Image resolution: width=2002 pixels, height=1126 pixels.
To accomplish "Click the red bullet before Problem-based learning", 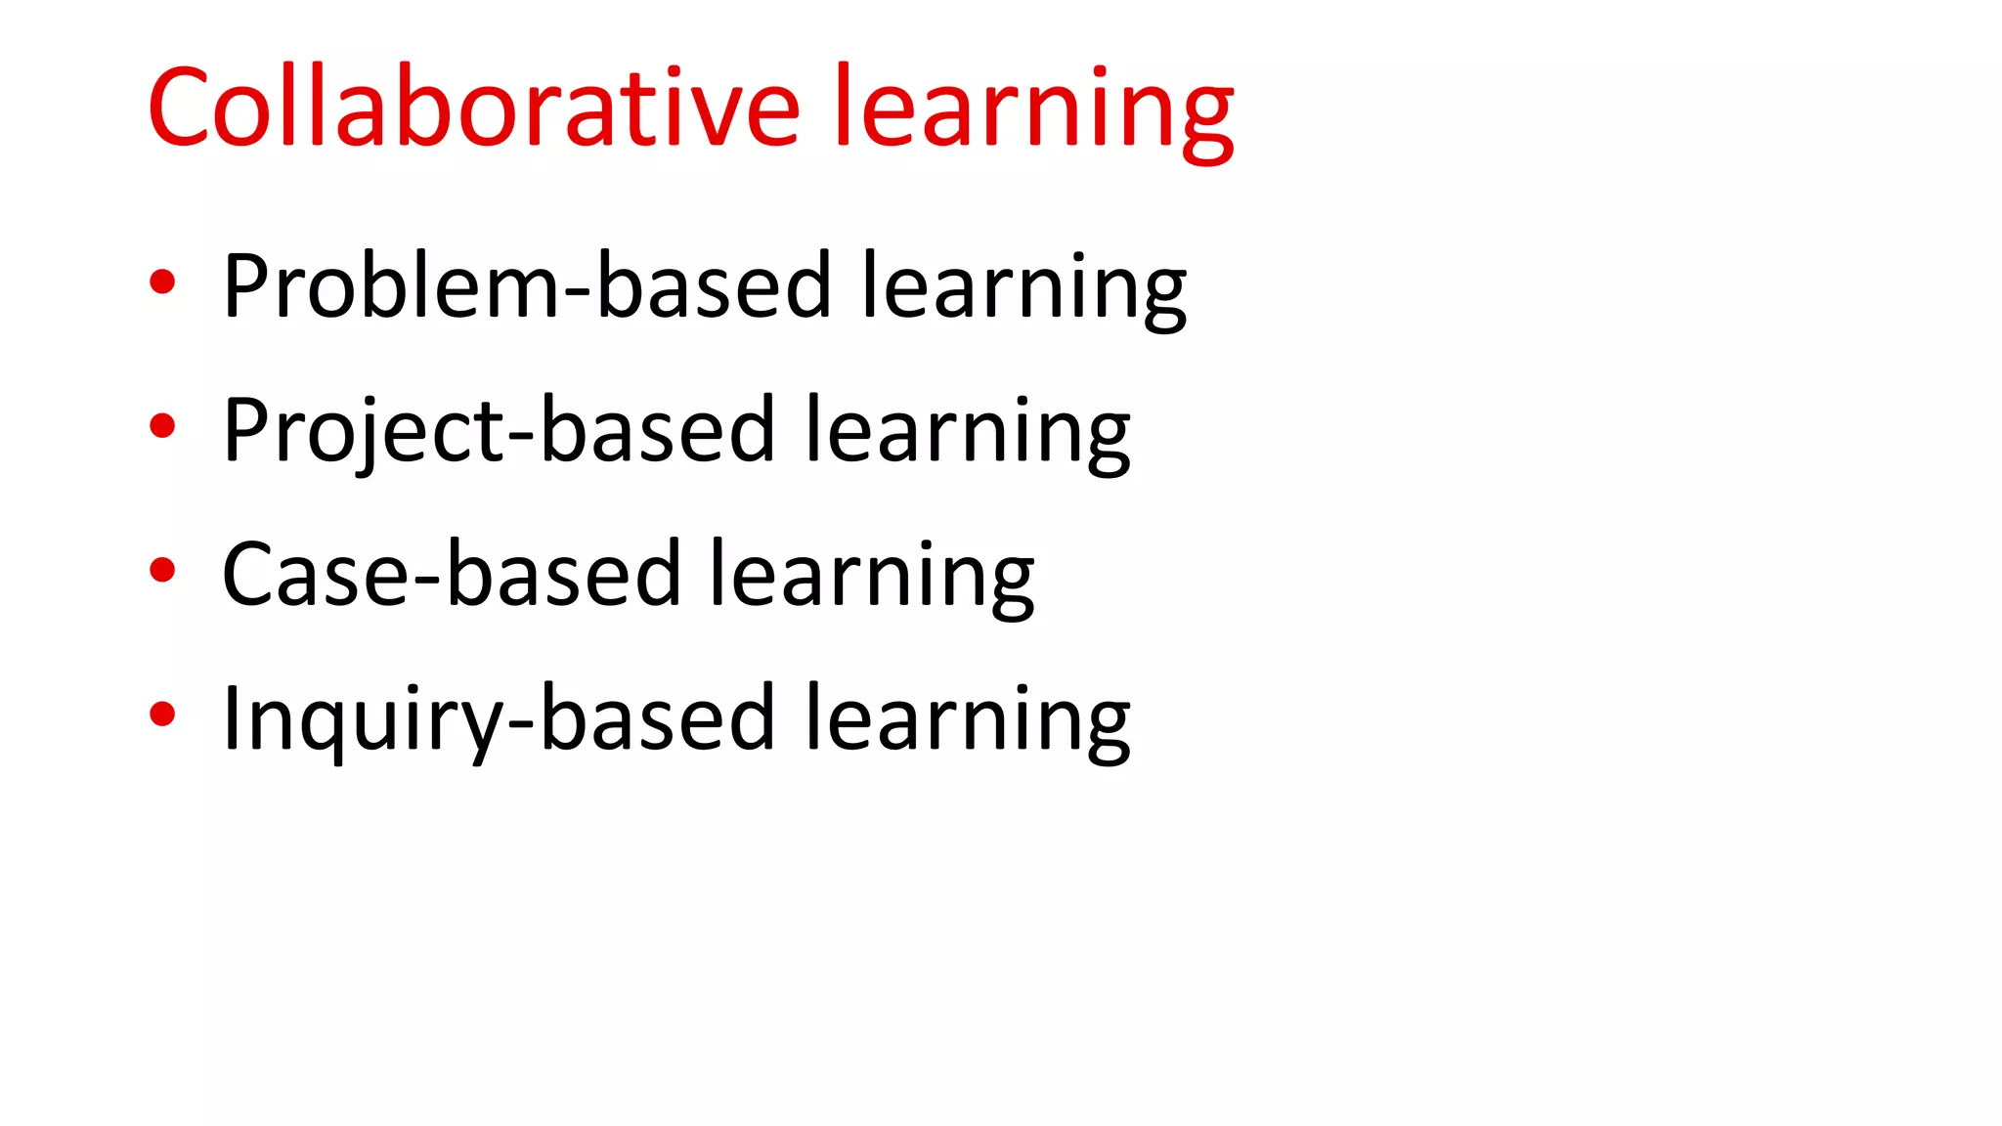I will pos(162,282).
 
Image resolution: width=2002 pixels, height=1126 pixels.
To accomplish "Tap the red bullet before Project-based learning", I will pos(162,426).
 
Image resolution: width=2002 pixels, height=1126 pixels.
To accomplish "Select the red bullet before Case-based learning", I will pos(162,570).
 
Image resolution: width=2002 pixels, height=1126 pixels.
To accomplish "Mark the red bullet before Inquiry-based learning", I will pos(162,714).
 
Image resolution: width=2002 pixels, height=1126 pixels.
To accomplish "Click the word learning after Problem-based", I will pos(1023,287).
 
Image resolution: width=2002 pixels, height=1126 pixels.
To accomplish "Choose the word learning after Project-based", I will pos(967,432).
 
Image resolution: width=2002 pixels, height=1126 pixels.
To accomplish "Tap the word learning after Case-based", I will pos(871,577).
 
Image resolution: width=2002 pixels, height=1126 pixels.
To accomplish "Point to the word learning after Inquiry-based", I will pos(967,721).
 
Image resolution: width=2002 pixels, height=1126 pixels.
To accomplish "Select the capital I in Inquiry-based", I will pos(232,718).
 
